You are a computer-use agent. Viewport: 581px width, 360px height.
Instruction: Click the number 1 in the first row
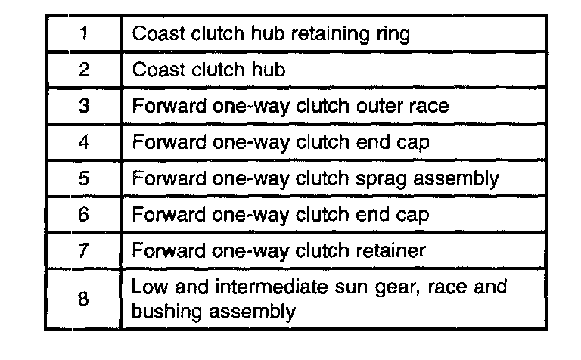pyautogui.click(x=84, y=34)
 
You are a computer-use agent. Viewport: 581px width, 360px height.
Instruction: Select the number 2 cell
pyautogui.click(x=84, y=70)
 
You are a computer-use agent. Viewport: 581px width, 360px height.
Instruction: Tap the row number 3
pyautogui.click(x=84, y=106)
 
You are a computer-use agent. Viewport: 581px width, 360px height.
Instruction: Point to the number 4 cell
pyautogui.click(x=84, y=141)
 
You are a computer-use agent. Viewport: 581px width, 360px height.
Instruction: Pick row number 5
pyautogui.click(x=84, y=178)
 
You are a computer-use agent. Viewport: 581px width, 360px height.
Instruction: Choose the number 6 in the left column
pyautogui.click(x=84, y=214)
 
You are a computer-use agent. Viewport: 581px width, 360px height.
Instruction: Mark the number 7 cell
pyautogui.click(x=84, y=250)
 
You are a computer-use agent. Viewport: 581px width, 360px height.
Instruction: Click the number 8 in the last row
pyautogui.click(x=84, y=299)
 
